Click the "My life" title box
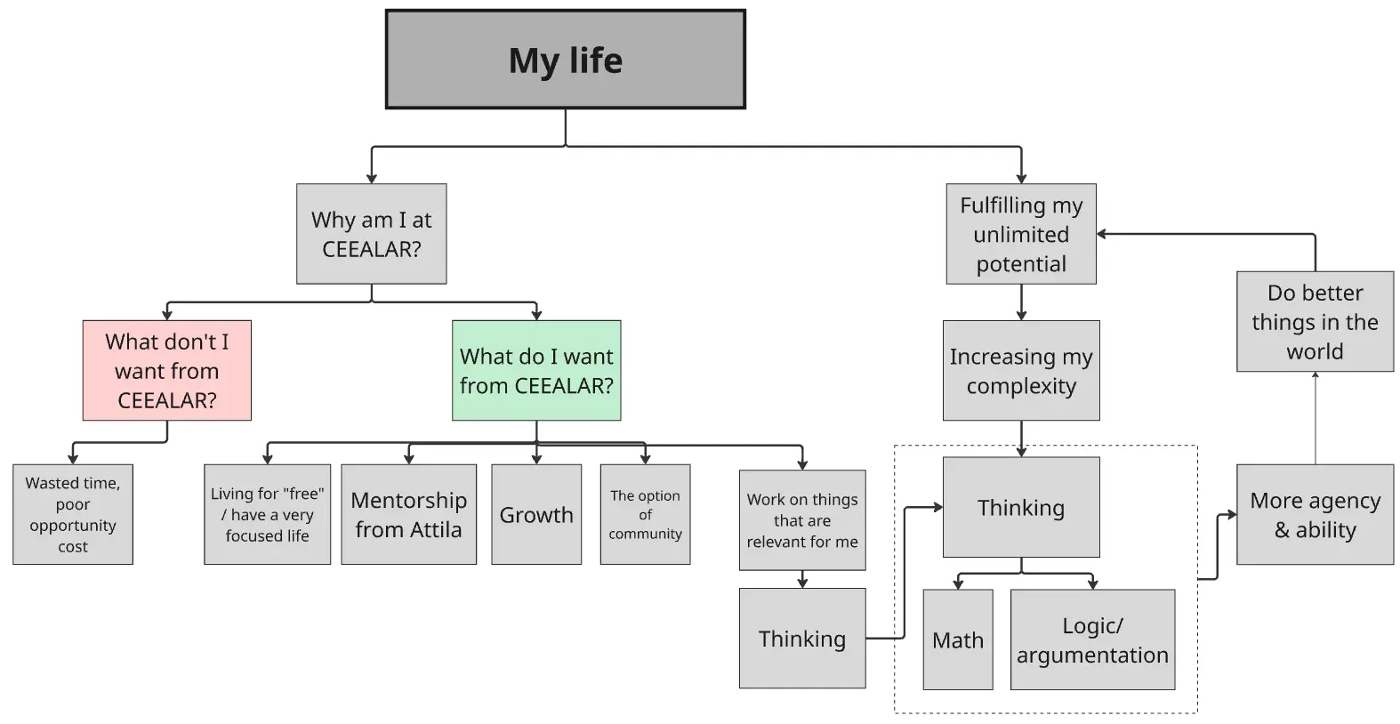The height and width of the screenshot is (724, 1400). coord(565,60)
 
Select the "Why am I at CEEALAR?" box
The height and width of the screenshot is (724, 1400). coord(371,234)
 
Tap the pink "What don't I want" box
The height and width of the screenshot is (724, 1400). coord(166,370)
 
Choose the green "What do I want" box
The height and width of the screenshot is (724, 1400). coord(536,370)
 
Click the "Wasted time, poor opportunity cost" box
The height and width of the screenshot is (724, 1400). coord(73,514)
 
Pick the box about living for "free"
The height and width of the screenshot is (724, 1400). coord(267,514)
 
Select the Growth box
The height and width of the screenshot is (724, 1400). coord(536,514)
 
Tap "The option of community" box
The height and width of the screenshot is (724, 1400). coord(645,514)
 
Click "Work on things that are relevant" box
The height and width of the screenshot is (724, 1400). coord(802,520)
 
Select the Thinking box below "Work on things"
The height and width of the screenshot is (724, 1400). coord(802,638)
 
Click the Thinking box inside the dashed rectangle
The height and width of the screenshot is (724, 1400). coord(1021,507)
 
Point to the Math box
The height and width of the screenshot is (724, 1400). coord(958,640)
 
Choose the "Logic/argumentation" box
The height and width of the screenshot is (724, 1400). coord(1092,640)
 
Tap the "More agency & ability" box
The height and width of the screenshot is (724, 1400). coord(1315,514)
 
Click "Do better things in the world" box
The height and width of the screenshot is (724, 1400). coord(1315,321)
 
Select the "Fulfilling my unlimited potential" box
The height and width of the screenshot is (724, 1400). coord(1021,234)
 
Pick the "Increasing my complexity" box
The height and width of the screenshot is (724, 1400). coord(1021,370)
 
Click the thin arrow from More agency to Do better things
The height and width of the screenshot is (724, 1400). coord(1315,418)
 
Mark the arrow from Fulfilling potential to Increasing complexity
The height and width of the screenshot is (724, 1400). coord(1021,302)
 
